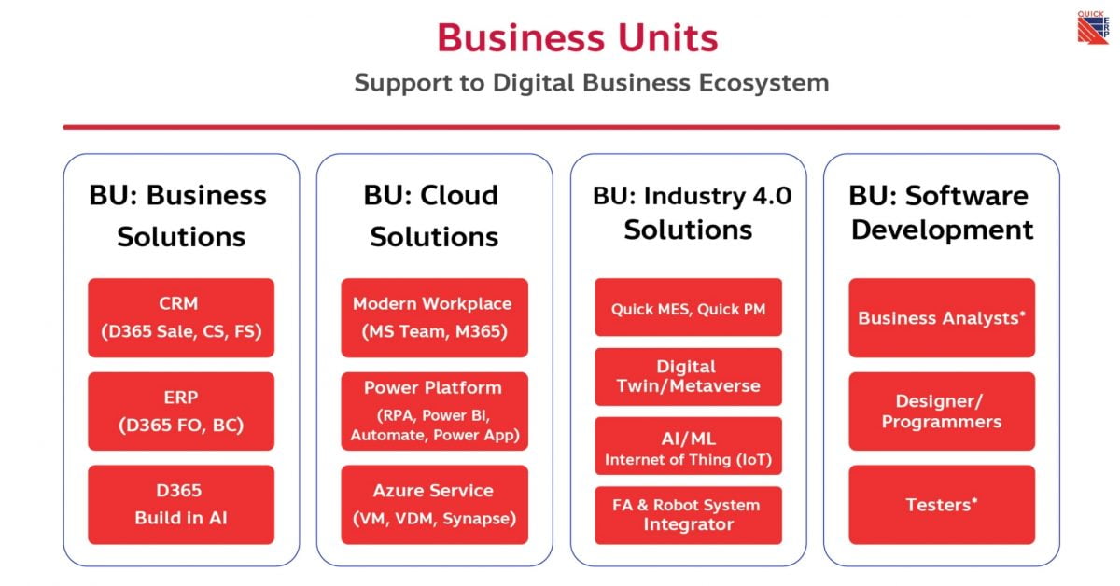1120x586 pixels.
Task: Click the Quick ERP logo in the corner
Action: coord(1093,28)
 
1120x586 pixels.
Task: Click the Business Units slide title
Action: coord(578,38)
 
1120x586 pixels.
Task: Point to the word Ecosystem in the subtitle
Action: coord(764,83)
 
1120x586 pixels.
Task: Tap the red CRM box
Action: coord(181,318)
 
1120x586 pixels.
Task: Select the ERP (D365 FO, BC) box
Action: coord(181,412)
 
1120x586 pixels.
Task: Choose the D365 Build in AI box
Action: coord(181,505)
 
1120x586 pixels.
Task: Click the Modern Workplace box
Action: coord(435,318)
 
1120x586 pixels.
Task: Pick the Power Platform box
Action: coord(435,412)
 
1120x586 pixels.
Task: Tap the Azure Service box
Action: coord(435,505)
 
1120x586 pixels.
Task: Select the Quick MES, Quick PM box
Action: coord(689,308)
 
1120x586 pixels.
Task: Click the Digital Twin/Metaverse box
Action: coord(689,377)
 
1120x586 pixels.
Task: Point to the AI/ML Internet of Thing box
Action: coord(689,446)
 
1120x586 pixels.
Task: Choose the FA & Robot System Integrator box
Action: coord(689,515)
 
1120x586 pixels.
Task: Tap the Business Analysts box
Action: coord(942,318)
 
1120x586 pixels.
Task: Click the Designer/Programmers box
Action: coord(942,412)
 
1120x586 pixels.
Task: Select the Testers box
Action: coord(942,505)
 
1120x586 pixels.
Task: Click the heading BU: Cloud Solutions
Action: coord(432,216)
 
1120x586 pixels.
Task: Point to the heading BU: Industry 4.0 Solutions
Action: coord(691,213)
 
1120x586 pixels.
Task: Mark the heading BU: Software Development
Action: coord(941,213)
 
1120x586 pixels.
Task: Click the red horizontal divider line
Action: coord(562,127)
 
